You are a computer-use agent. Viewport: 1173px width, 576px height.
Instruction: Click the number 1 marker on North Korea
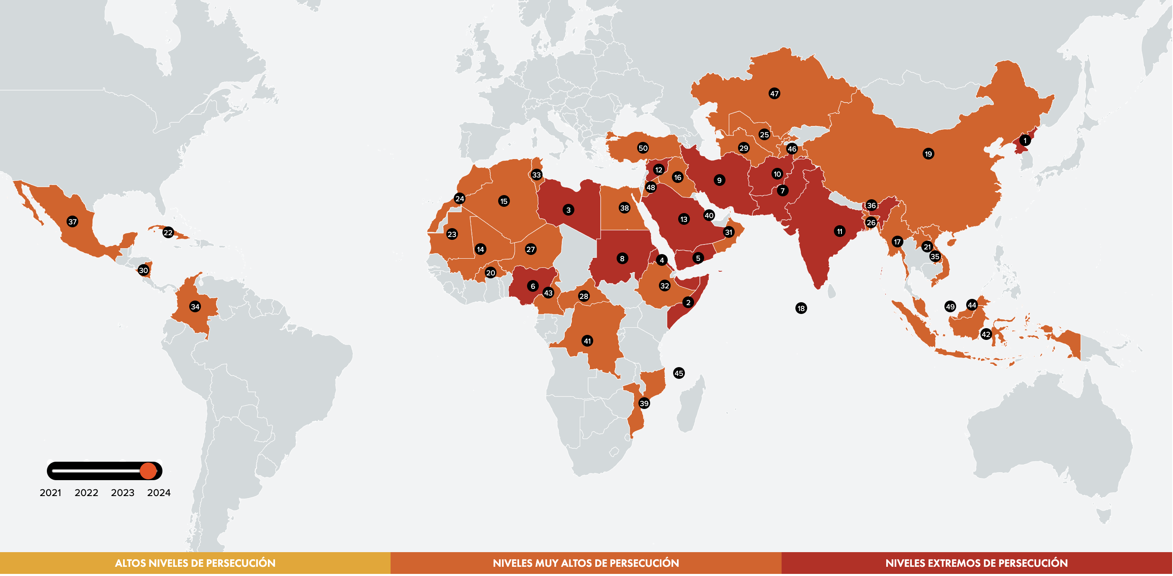click(1024, 140)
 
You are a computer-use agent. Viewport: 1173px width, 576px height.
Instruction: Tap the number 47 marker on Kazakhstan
click(774, 93)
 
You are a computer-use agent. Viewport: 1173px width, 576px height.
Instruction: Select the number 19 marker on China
click(928, 154)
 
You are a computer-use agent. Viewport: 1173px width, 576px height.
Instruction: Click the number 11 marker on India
click(840, 231)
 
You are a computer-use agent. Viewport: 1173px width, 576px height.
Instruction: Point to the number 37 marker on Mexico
click(72, 222)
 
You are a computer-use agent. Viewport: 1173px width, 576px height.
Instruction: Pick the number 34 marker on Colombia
click(195, 306)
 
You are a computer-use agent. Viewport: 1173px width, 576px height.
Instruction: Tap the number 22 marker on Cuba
click(168, 232)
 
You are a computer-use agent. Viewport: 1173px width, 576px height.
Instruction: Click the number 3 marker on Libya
click(568, 210)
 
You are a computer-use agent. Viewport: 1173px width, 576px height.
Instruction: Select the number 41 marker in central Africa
click(587, 341)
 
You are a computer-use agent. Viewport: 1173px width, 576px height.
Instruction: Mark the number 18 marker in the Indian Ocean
click(800, 308)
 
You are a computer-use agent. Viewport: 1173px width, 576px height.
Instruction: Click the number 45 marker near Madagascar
click(679, 373)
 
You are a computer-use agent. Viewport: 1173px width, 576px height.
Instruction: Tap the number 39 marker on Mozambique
click(643, 403)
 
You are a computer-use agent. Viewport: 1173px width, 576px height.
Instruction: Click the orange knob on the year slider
click(148, 471)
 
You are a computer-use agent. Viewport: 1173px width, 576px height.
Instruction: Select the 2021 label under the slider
click(51, 493)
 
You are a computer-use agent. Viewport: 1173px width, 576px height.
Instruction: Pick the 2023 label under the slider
click(123, 493)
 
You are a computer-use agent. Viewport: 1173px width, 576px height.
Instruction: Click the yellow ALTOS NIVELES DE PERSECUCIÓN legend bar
click(195, 563)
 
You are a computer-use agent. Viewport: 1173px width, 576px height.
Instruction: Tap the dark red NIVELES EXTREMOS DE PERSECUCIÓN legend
click(976, 563)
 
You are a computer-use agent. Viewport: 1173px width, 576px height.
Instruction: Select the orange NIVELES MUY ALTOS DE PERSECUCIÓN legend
click(586, 563)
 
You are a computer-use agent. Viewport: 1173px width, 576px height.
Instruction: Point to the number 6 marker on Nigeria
click(532, 286)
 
